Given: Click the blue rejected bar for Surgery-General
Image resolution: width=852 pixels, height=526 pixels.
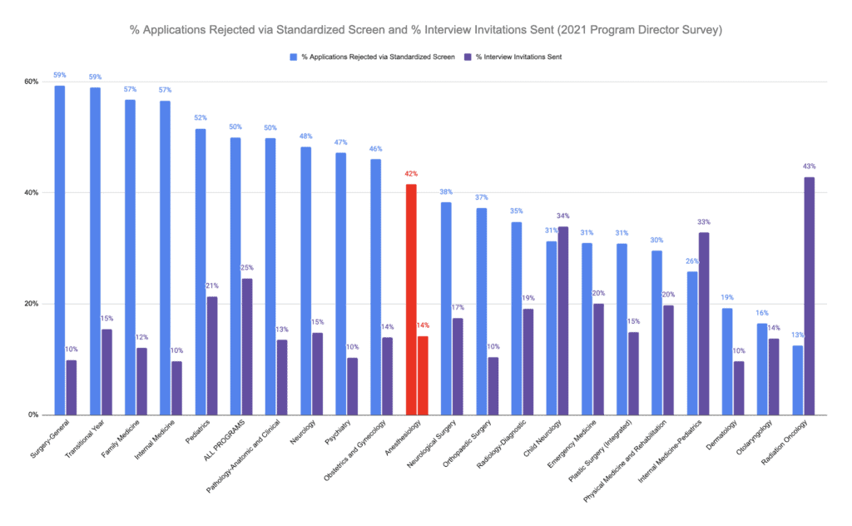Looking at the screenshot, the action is (x=60, y=251).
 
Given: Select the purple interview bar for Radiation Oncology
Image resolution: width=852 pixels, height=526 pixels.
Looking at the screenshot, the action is (x=809, y=296).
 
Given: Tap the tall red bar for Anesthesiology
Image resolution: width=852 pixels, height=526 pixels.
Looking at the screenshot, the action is (x=411, y=300).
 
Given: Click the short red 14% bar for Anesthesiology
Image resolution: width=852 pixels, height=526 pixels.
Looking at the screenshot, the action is (x=423, y=375).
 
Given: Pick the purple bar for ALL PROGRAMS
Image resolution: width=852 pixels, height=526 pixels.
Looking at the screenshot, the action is (x=247, y=347).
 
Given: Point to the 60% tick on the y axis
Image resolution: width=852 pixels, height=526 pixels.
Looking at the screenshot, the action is (x=32, y=82).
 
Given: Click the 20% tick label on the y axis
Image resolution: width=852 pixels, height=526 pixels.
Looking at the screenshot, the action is (x=32, y=304).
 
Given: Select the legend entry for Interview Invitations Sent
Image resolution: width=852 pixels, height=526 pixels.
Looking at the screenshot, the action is (x=513, y=57).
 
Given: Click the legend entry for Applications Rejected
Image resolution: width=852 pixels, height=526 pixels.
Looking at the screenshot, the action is (x=372, y=57).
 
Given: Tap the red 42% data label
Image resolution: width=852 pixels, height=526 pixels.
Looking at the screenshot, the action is (x=411, y=174).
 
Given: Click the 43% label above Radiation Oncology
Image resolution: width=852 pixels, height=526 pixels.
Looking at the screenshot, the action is (x=809, y=166).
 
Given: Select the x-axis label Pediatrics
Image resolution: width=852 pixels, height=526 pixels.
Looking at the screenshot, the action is (x=198, y=431).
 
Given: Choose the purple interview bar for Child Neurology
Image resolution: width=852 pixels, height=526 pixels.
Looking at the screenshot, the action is (x=563, y=321).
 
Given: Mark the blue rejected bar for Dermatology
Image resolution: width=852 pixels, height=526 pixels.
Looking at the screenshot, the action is (x=727, y=362).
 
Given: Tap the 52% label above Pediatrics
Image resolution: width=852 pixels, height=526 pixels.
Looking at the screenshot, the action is (x=201, y=118).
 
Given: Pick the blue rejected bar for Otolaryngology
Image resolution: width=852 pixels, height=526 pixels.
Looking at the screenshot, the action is (x=762, y=370).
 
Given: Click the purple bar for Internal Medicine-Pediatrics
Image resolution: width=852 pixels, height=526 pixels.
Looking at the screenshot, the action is (x=704, y=324).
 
